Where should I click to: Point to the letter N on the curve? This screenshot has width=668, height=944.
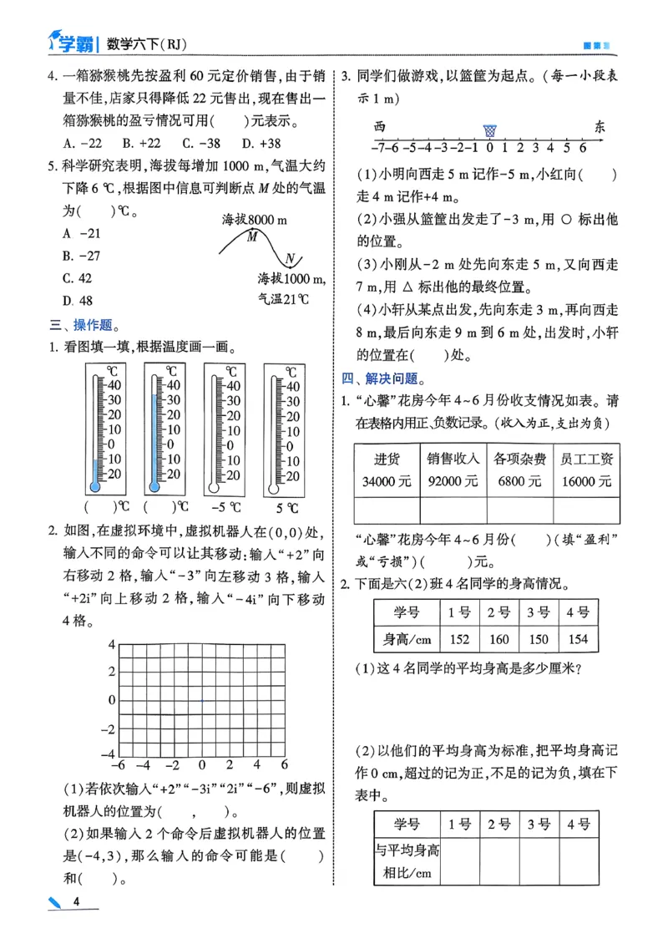click(x=289, y=257)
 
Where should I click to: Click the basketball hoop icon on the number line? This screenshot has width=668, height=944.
click(x=489, y=130)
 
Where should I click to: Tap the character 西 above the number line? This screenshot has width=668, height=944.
click(x=380, y=127)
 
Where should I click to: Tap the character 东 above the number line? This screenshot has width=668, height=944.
click(x=599, y=127)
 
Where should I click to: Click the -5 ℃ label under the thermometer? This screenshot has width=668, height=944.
click(x=224, y=507)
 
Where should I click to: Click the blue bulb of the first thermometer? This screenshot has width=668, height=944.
click(x=94, y=486)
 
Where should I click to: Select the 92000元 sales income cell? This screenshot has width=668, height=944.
click(x=453, y=469)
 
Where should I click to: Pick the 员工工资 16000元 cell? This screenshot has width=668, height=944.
click(x=587, y=469)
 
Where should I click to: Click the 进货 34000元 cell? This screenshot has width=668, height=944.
click(x=387, y=469)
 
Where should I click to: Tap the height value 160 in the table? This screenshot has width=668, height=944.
click(x=498, y=640)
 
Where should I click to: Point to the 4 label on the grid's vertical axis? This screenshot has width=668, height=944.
click(x=110, y=643)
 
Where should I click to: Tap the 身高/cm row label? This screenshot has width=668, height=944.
click(x=407, y=640)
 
